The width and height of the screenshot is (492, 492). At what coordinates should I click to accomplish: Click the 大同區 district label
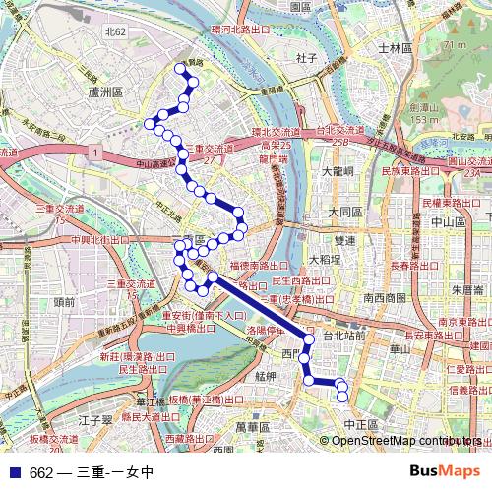[346, 212]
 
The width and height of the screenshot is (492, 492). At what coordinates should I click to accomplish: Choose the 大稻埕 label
[324, 259]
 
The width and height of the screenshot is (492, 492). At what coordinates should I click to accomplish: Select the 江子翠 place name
[96, 420]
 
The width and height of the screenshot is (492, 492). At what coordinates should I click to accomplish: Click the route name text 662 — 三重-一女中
[91, 472]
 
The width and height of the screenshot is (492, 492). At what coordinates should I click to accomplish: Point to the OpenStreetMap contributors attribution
[400, 441]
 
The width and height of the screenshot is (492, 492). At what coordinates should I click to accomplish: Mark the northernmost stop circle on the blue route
[180, 68]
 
